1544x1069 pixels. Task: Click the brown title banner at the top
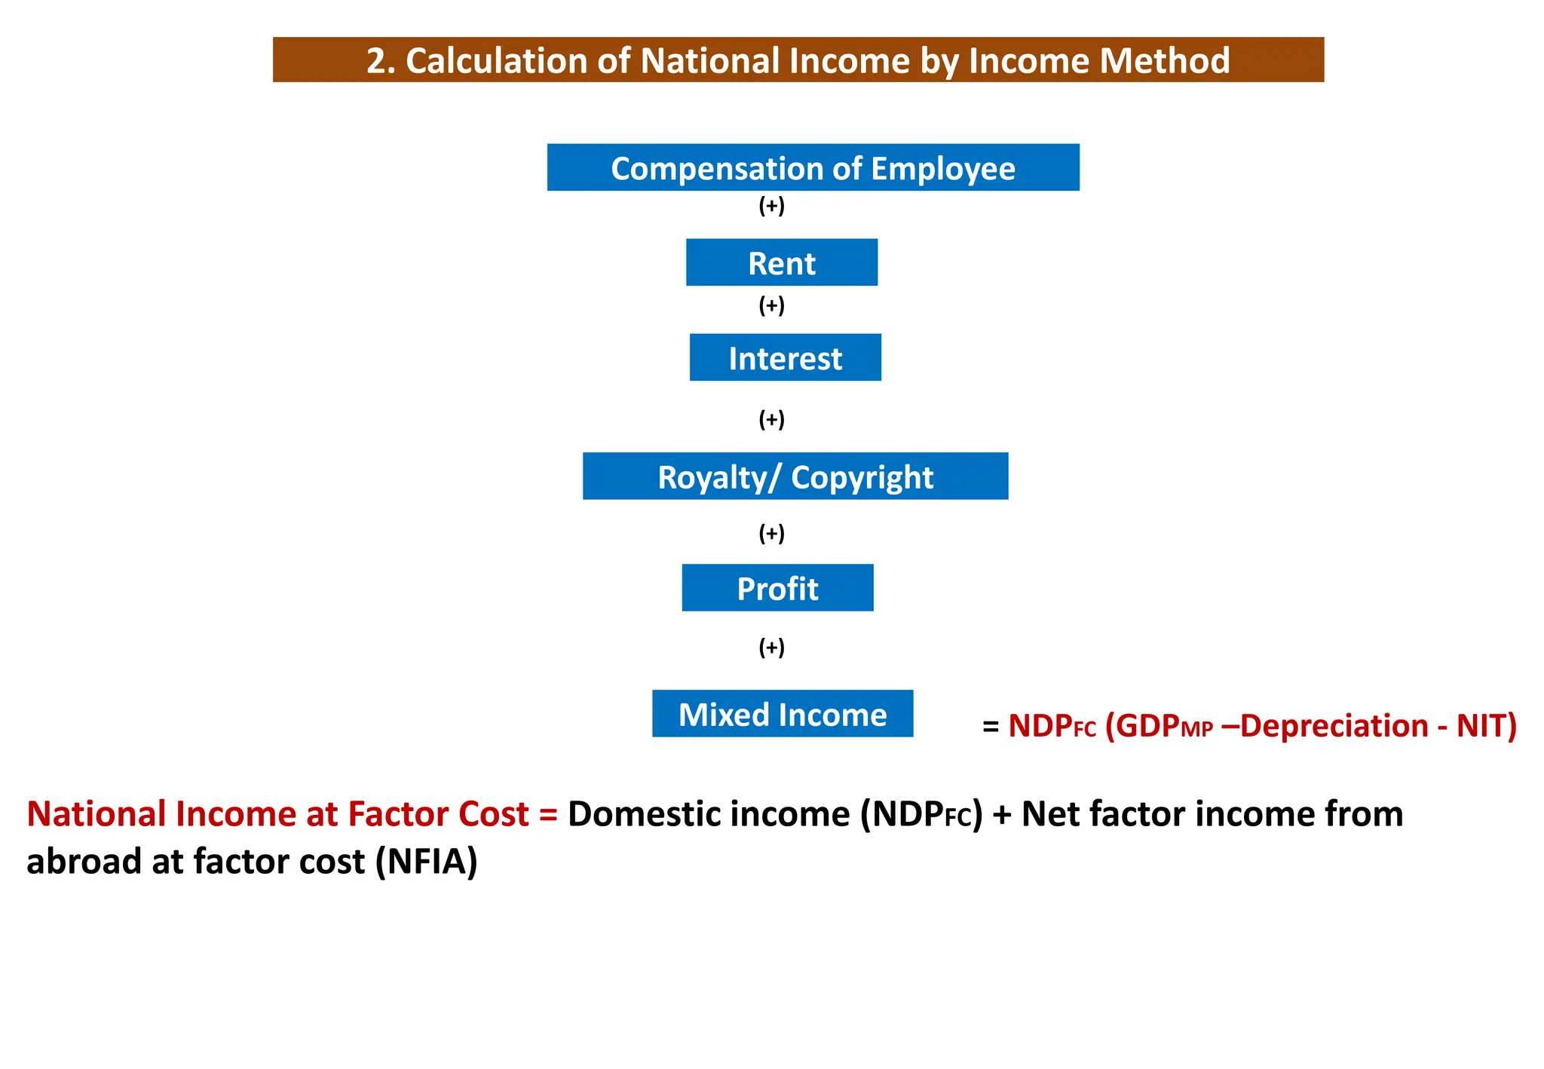(x=798, y=60)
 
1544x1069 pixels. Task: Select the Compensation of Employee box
(x=813, y=167)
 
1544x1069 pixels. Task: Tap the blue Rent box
(x=781, y=262)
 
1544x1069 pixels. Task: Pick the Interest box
(x=785, y=357)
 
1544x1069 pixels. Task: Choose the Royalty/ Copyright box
(x=795, y=476)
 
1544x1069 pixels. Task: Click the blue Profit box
(x=777, y=588)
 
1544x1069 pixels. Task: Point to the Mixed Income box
(x=783, y=714)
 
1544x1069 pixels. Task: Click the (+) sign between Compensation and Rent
(x=771, y=206)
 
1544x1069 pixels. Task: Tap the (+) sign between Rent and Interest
(x=771, y=305)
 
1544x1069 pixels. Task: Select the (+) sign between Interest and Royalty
(x=771, y=419)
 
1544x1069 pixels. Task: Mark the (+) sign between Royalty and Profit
(x=771, y=534)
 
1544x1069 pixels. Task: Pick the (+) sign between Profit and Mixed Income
(x=771, y=648)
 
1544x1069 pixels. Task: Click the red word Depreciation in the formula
(x=1334, y=726)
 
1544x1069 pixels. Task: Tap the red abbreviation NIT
(x=1482, y=726)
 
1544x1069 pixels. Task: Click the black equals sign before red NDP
(x=991, y=727)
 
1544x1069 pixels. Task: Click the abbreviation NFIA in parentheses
(x=427, y=862)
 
